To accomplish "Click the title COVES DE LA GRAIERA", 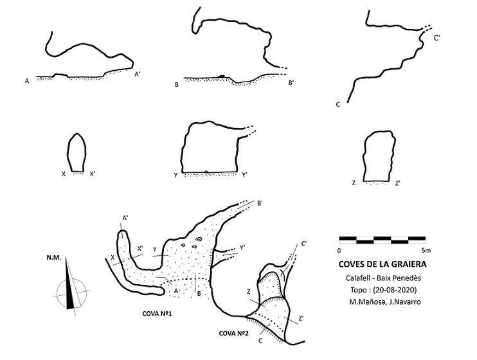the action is [382, 264].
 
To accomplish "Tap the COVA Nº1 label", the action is [157, 314].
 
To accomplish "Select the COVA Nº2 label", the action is [233, 334].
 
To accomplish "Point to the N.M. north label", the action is [54, 258].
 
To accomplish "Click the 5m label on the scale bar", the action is [426, 251].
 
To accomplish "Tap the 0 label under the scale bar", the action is [339, 251].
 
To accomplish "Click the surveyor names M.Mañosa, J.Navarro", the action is [385, 302].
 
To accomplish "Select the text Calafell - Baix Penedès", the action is [383, 278].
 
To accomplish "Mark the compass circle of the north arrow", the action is [72, 279].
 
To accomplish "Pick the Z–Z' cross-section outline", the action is [364, 158].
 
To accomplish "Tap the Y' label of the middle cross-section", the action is [244, 175].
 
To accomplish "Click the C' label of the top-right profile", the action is [437, 38].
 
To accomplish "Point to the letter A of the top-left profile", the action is [27, 81].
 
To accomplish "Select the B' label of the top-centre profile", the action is [291, 82].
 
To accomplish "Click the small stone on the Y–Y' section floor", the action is [206, 172].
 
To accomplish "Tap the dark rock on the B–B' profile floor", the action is [221, 76].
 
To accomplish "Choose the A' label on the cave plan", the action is [125, 218].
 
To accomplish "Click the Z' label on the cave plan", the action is [301, 318].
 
